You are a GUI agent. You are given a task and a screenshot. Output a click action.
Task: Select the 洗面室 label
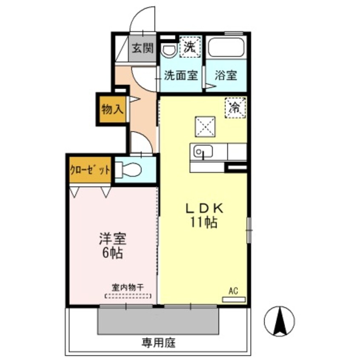click(x=181, y=76)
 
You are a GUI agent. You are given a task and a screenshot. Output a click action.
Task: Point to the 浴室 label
click(x=226, y=76)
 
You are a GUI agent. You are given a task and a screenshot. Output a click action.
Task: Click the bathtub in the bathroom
click(x=226, y=47)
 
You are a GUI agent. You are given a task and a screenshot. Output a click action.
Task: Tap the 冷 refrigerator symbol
click(x=235, y=107)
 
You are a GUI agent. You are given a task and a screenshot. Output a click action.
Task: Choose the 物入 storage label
click(x=112, y=109)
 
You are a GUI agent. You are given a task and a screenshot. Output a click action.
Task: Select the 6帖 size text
click(x=112, y=253)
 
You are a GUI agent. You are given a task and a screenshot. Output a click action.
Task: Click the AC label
click(x=233, y=291)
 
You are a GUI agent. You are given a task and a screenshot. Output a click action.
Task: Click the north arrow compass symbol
click(x=279, y=321)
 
